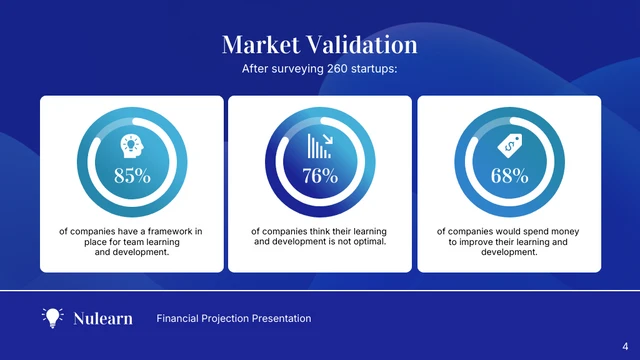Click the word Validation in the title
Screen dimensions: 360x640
tap(363, 45)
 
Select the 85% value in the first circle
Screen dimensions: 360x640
tap(132, 176)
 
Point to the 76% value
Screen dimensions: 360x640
tap(320, 176)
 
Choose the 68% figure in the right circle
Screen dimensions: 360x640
tap(508, 176)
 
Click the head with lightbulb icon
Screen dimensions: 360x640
tap(132, 146)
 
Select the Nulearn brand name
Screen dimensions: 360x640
tap(103, 319)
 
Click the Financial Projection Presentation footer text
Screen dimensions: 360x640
tap(234, 319)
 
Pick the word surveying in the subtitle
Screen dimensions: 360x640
tap(294, 70)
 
